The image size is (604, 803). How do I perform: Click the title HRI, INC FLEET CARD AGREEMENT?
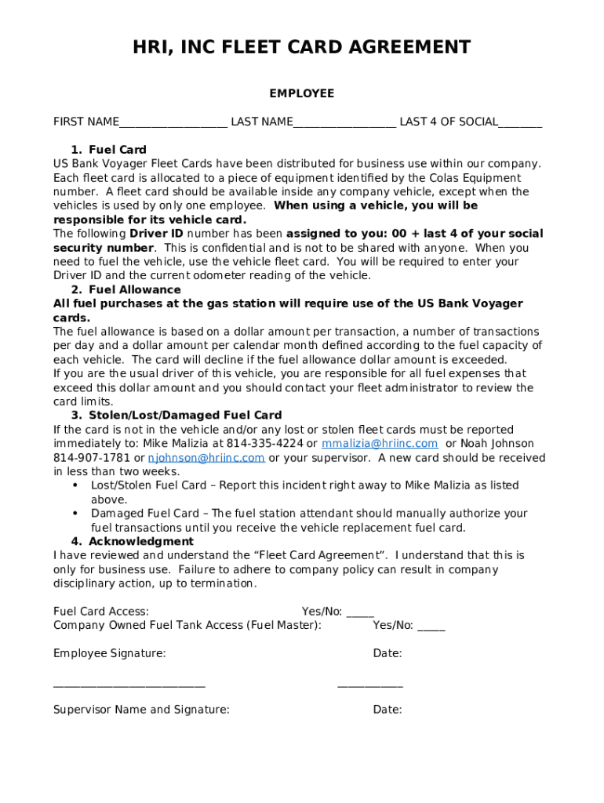302,48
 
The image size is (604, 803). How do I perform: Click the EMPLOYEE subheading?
302,93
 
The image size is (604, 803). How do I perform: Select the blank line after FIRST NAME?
173,124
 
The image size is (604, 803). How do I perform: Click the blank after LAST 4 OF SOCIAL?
520,124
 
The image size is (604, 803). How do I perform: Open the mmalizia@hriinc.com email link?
380,444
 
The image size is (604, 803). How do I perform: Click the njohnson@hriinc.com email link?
206,458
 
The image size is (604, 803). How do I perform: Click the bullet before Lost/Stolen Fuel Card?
75,485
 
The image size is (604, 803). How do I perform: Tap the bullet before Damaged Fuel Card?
75,514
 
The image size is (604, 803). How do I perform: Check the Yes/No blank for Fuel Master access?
431,628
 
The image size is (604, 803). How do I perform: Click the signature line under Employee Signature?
129,685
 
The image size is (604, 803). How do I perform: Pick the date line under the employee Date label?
370,685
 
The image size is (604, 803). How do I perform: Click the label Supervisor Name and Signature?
141,710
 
